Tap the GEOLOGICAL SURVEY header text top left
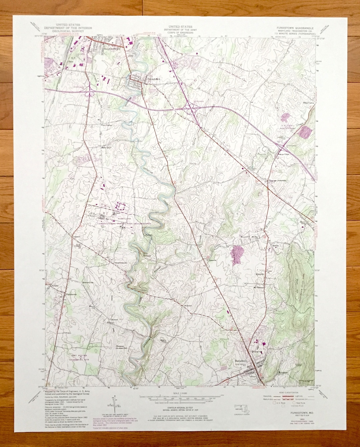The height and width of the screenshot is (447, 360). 68,31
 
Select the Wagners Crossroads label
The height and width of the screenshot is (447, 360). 277,181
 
